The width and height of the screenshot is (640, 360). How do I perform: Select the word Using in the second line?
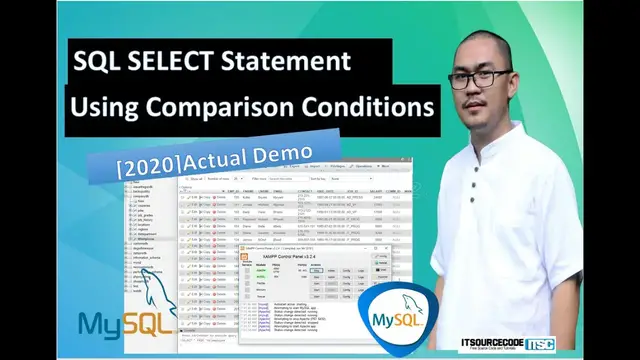point(107,105)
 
